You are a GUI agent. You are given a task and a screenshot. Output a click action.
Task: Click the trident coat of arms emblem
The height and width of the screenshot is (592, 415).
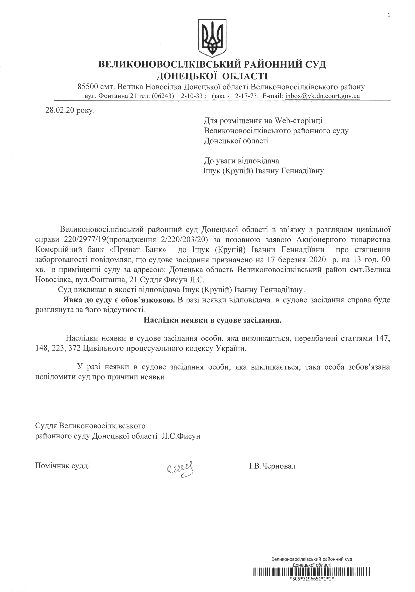[212, 38]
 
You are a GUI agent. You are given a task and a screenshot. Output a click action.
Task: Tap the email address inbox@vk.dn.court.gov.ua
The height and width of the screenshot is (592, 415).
[322, 96]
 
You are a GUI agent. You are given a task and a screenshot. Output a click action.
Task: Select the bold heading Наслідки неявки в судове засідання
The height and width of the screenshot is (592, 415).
[212, 320]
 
